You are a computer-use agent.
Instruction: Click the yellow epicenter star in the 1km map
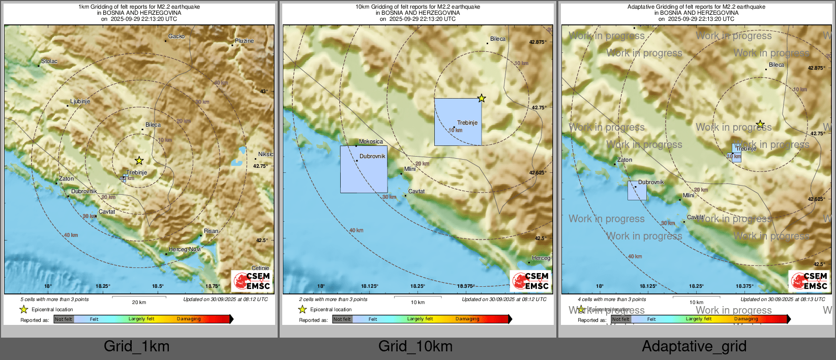139,161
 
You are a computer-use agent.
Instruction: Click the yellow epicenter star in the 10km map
481,98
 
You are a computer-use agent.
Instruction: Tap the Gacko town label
176,37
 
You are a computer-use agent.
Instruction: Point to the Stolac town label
49,62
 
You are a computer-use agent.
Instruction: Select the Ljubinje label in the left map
80,102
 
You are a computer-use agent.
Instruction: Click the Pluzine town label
244,41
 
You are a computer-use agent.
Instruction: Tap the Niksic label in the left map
265,154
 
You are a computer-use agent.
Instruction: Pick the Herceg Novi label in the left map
185,250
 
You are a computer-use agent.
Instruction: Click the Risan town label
211,231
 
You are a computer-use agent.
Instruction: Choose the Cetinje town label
260,268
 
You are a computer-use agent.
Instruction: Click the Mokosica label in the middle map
371,142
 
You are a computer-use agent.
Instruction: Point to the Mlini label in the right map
689,195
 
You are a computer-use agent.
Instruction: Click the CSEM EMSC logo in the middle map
531,281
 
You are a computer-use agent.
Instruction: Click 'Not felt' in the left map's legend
64,319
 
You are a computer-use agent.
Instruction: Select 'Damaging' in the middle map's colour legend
467,319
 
